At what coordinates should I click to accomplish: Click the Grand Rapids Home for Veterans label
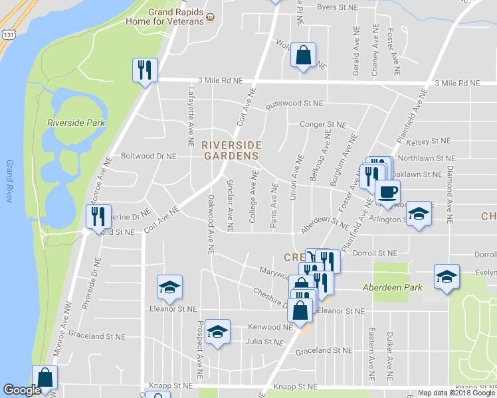pos(166,17)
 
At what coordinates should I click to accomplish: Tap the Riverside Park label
pos(76,123)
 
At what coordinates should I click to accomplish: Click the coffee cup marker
pos(387,192)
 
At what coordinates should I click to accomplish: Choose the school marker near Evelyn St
pos(447,277)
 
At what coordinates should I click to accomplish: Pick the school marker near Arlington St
pos(418,214)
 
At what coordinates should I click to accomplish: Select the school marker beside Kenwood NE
pos(217,332)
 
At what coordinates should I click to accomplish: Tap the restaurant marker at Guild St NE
pos(98,216)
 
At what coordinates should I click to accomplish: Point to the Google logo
pos(22,390)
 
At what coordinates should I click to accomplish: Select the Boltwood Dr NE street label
pos(148,157)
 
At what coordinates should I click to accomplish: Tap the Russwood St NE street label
pos(294,104)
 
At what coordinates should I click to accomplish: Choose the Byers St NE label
pos(338,7)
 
